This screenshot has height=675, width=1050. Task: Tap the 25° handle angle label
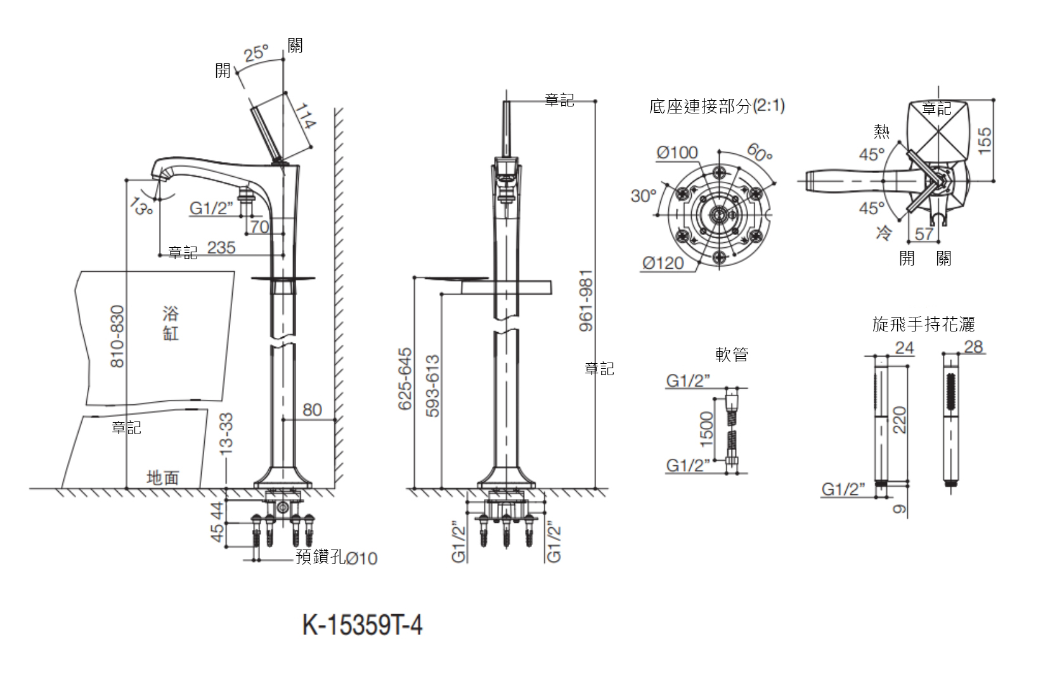(x=257, y=54)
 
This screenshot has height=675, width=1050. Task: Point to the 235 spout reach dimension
(x=221, y=248)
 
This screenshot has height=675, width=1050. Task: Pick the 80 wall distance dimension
(x=312, y=410)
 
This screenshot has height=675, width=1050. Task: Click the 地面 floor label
(x=163, y=478)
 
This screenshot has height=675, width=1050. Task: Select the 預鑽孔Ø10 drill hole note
(x=337, y=558)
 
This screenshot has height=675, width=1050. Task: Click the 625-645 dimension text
(x=405, y=378)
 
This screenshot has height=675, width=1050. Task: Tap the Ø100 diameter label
(x=677, y=153)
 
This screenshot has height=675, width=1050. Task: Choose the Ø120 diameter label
(x=663, y=263)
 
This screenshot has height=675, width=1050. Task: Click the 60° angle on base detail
(x=760, y=152)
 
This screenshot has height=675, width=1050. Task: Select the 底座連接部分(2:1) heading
(x=716, y=106)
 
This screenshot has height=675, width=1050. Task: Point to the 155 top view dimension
(x=985, y=140)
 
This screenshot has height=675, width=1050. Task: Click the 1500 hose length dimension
(x=708, y=427)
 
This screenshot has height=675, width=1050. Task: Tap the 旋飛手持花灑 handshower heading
(x=923, y=325)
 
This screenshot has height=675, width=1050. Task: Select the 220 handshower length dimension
(x=899, y=420)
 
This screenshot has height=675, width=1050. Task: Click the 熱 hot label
(x=881, y=131)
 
